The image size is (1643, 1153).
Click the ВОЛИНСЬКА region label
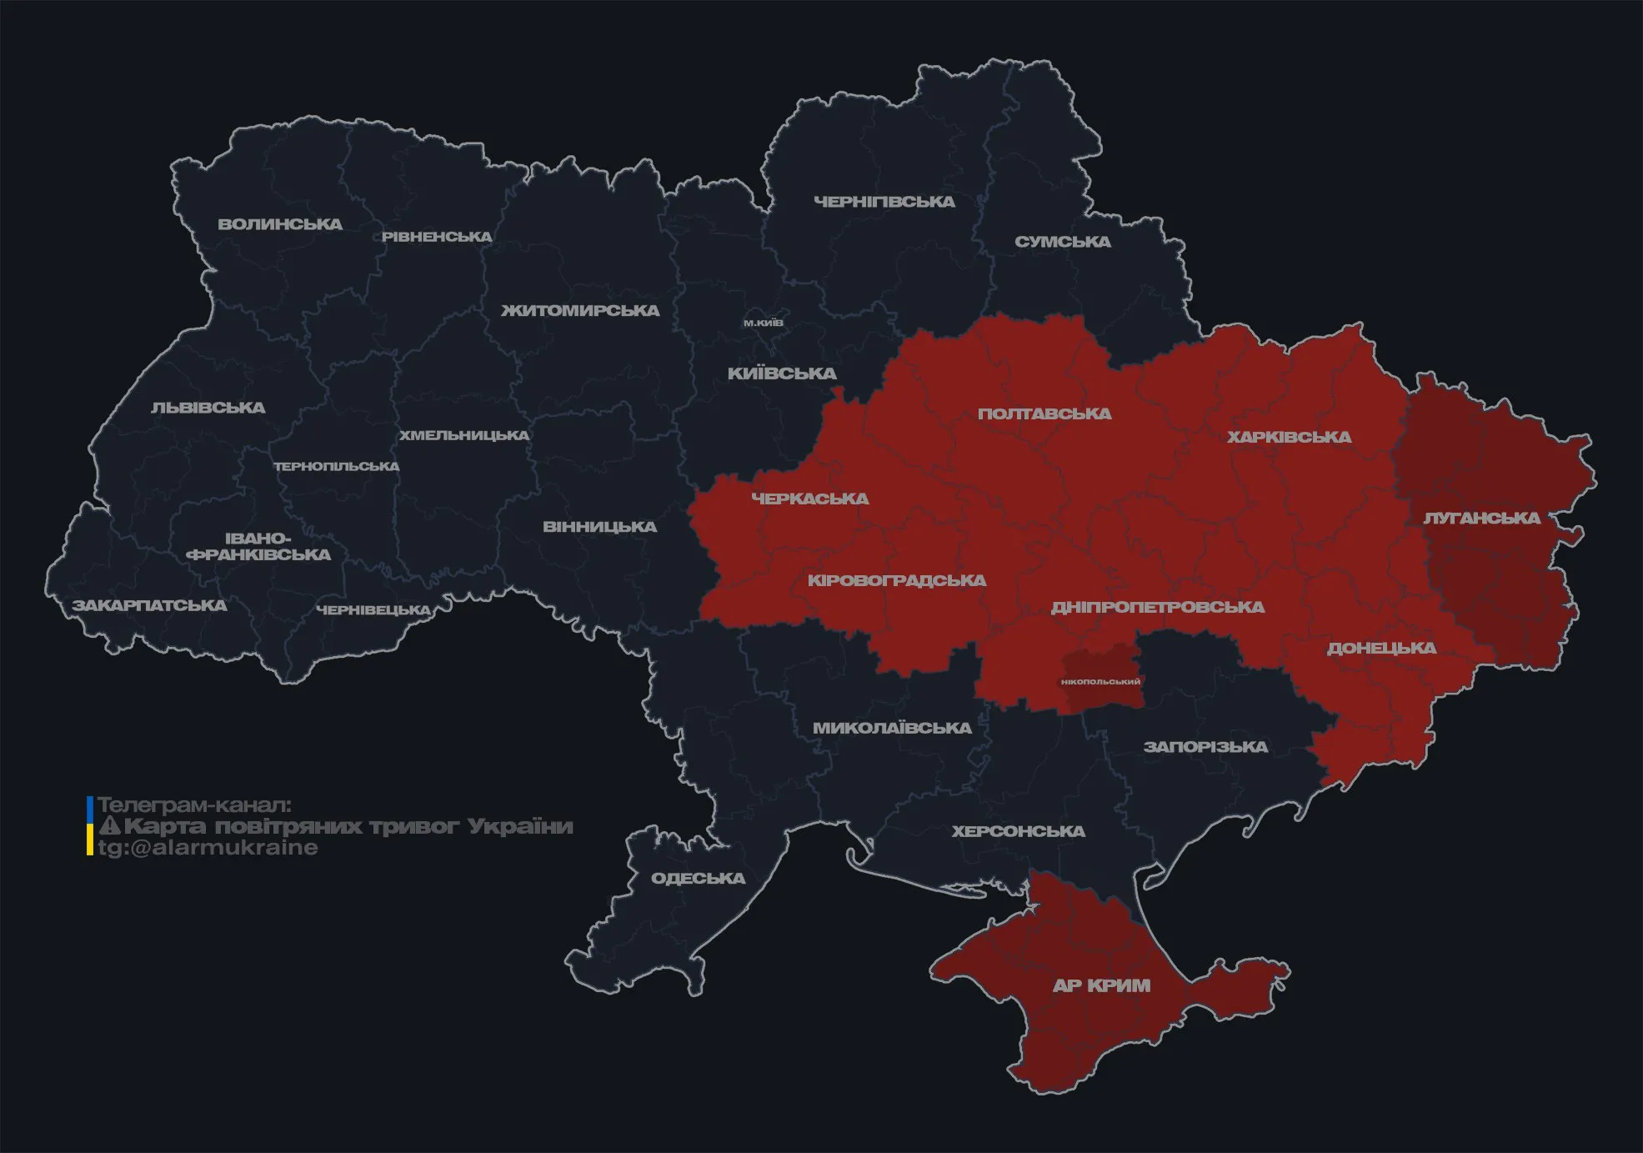(280, 224)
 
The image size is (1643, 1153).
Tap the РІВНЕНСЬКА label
(437, 237)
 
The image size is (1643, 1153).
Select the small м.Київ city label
(764, 323)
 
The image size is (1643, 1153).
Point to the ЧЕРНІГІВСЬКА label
(884, 202)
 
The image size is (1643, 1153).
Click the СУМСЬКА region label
(1063, 242)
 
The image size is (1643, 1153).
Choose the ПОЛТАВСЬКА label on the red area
(1044, 414)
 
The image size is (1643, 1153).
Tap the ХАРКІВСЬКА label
(1289, 437)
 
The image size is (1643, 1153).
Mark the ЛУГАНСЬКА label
(1481, 518)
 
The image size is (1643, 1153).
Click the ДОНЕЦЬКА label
(1381, 648)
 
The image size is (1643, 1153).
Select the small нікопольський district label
(1100, 682)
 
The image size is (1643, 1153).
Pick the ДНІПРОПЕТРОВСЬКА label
(1158, 607)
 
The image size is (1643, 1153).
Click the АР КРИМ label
(1101, 985)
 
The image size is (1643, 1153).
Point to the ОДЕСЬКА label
(698, 878)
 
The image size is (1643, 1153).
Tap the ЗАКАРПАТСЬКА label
(149, 605)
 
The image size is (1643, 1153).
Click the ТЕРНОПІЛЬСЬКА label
(337, 466)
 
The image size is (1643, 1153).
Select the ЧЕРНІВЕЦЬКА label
(373, 610)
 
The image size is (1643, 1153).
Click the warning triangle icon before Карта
(110, 826)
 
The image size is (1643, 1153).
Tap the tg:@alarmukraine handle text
(208, 848)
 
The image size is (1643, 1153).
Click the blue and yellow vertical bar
(90, 825)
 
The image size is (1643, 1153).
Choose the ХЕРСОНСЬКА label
(1019, 831)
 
